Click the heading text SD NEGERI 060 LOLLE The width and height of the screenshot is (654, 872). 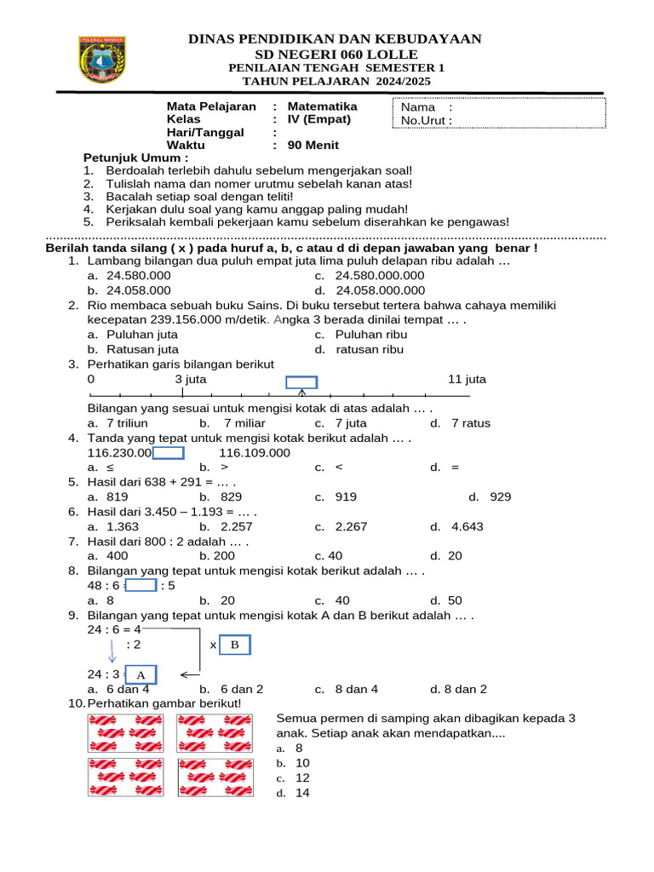click(337, 54)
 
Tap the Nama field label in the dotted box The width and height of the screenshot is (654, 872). click(418, 107)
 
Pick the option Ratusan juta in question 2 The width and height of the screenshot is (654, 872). click(142, 349)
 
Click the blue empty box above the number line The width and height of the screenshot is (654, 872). click(301, 382)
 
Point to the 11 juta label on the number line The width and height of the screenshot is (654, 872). click(467, 379)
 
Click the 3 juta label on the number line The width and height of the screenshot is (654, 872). click(190, 379)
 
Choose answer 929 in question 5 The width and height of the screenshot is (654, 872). click(500, 496)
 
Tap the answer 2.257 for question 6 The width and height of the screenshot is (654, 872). click(237, 526)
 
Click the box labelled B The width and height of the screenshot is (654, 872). click(236, 645)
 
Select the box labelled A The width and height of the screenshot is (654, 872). click(141, 674)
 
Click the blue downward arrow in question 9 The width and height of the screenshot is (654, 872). click(112, 652)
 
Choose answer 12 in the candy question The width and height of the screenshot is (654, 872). click(302, 777)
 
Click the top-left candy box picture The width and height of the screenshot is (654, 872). click(125, 732)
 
